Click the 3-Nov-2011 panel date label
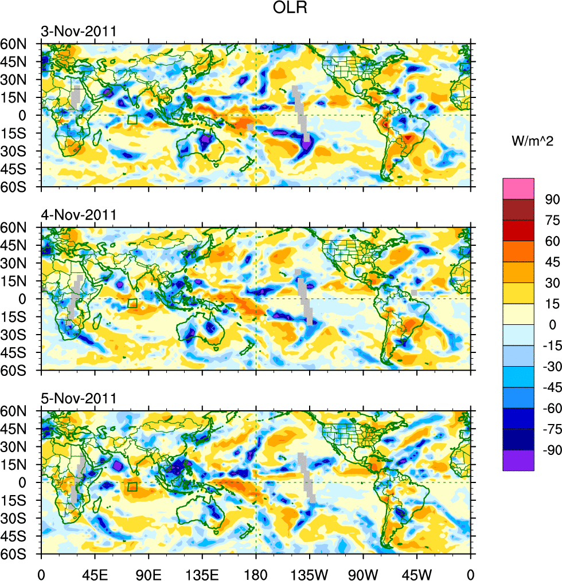[78, 31]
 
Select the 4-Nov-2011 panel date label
[78, 215]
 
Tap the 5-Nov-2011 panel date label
[78, 398]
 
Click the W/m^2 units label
[532, 142]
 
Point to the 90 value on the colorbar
[552, 199]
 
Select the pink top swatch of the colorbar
[518, 189]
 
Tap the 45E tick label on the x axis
[94, 572]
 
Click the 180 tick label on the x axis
[255, 572]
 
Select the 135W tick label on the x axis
[309, 572]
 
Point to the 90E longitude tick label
[148, 572]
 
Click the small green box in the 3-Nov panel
[132, 120]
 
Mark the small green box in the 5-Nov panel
[132, 487]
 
